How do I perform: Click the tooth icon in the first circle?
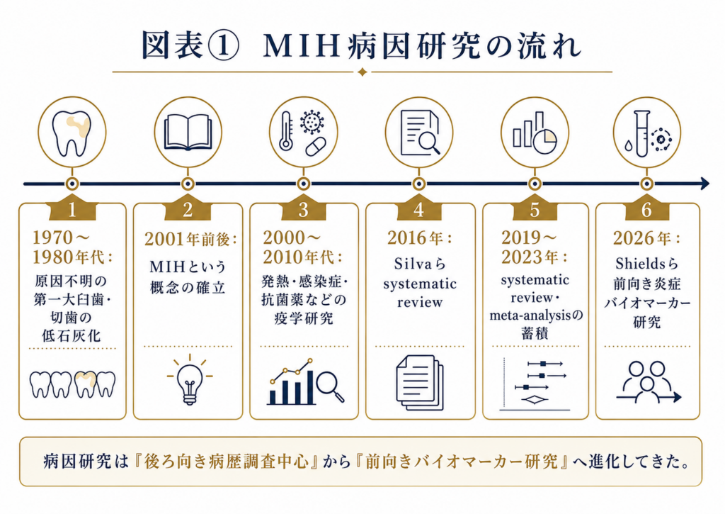pos(72,133)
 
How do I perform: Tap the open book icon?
pos(188,133)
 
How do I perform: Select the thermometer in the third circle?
pos(286,131)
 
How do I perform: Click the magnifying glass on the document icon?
pos(430,142)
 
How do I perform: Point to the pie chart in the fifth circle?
pos(545,141)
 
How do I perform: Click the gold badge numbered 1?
pos(72,210)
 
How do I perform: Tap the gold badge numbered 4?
pos(419,210)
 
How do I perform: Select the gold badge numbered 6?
pos(647,210)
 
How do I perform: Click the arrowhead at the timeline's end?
pos(704,184)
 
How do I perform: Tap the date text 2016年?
pos(415,238)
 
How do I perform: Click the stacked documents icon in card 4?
pos(420,383)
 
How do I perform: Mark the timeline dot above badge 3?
pos(303,184)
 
